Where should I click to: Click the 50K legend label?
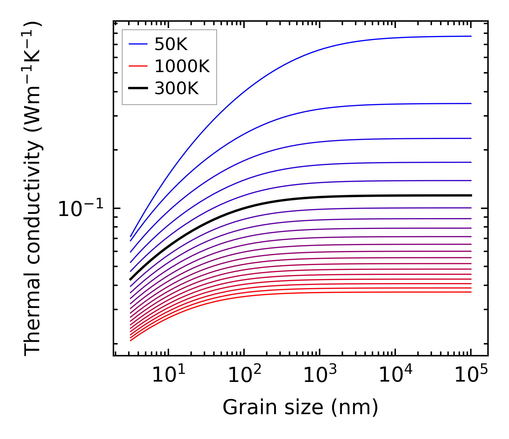171,44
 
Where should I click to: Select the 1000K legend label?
182,67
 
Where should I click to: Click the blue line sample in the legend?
138,44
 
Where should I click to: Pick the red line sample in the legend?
138,66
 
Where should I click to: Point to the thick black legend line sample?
138,88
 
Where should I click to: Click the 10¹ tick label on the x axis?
169,375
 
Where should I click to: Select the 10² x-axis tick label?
244,375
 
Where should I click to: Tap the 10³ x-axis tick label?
320,375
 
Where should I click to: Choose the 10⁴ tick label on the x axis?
396,375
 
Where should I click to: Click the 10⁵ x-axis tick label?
471,375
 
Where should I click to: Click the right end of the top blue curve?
470,36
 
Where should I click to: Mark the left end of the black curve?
131,279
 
